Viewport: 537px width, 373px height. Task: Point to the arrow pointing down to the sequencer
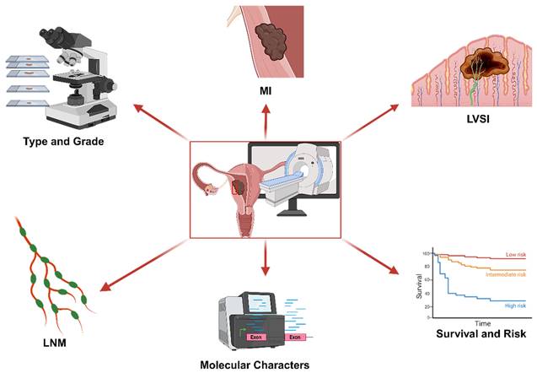click(266, 261)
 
